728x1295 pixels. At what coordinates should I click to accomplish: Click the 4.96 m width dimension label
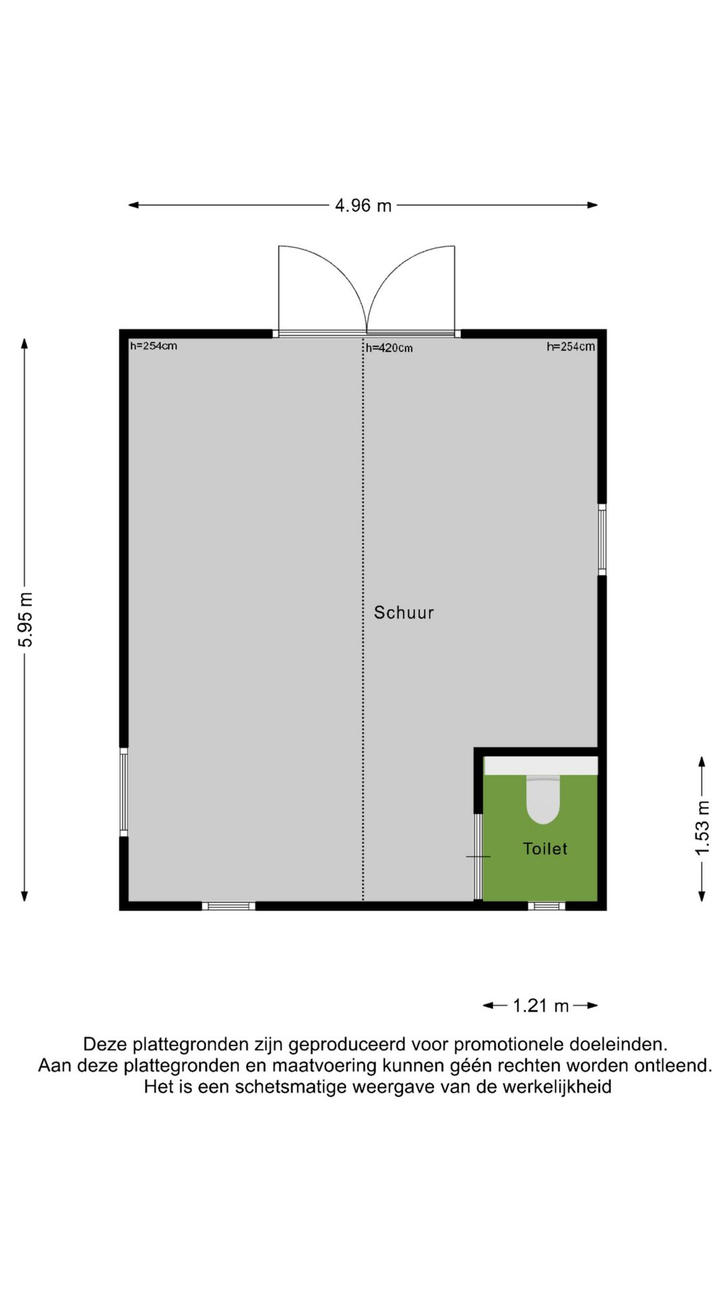tap(363, 206)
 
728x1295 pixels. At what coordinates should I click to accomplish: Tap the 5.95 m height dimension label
tap(26, 619)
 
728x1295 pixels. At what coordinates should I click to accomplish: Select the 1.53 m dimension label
tap(702, 828)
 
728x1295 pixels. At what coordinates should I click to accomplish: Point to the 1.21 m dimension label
tap(541, 1006)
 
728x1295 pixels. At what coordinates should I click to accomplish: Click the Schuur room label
tap(404, 612)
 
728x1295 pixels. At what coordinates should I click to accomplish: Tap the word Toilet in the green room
tap(545, 848)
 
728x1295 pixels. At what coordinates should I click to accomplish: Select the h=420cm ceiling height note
tap(389, 348)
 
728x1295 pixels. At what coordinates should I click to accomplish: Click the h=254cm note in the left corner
tap(153, 346)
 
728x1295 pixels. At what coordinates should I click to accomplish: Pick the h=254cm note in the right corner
tap(570, 347)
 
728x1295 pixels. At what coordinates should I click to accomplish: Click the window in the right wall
tap(602, 540)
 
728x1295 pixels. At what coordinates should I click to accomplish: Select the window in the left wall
tap(124, 792)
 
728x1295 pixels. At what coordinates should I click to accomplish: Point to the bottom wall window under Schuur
tap(229, 906)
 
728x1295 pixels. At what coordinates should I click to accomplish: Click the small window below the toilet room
tap(546, 906)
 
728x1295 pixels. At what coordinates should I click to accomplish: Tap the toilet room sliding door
tap(478, 857)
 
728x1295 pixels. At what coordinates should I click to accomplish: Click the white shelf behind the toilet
tap(541, 766)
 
